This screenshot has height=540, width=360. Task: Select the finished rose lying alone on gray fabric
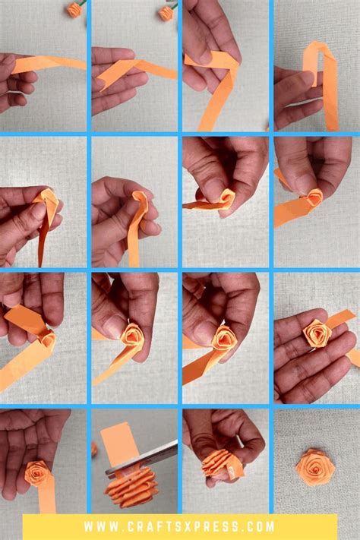tap(314, 464)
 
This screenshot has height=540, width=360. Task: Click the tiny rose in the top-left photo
tap(74, 9)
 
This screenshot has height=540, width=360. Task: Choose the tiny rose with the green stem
tap(166, 11)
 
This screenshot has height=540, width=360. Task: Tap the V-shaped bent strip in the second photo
tap(125, 71)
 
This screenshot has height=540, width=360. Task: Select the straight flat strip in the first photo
tap(49, 64)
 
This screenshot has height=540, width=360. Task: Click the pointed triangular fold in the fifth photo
tap(45, 205)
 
